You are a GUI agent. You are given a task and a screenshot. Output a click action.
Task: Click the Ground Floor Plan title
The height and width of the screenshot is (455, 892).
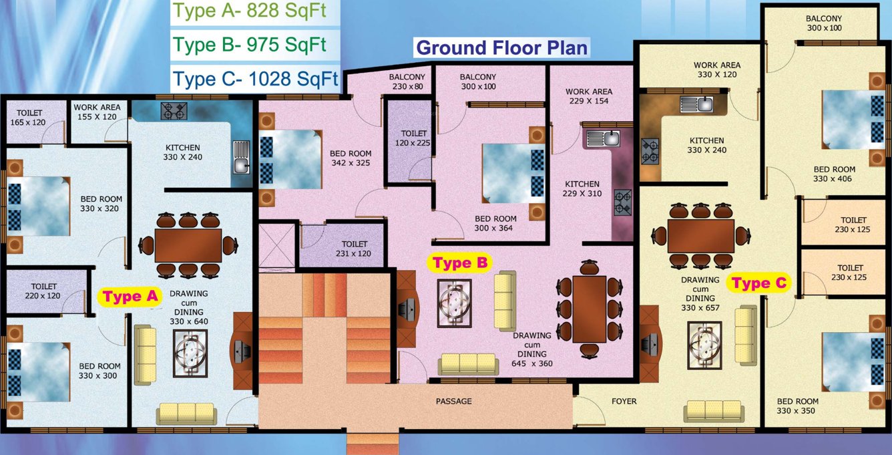point(501,48)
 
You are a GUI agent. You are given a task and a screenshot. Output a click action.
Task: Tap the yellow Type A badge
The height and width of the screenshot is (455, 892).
point(130,297)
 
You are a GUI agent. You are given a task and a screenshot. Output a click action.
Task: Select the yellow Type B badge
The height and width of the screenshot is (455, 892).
point(461,263)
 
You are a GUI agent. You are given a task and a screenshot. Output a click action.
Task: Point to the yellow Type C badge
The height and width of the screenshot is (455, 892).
point(760,283)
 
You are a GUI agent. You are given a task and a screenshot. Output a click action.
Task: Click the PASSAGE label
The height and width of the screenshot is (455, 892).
point(454,402)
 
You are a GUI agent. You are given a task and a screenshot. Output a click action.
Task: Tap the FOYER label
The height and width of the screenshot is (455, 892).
point(624,402)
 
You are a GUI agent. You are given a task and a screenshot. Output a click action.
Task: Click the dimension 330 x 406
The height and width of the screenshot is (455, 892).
point(834,178)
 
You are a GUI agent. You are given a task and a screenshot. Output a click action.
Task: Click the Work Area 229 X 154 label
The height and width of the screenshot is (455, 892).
point(588,96)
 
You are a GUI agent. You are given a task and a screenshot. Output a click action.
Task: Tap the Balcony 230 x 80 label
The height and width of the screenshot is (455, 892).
point(407,82)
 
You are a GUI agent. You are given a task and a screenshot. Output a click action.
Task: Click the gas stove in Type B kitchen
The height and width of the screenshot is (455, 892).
point(622,202)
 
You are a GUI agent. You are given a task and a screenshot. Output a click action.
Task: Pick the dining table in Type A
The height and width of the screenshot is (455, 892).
point(188,245)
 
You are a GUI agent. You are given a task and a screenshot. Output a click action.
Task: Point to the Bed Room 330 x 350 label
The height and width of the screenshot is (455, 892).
point(797,406)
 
